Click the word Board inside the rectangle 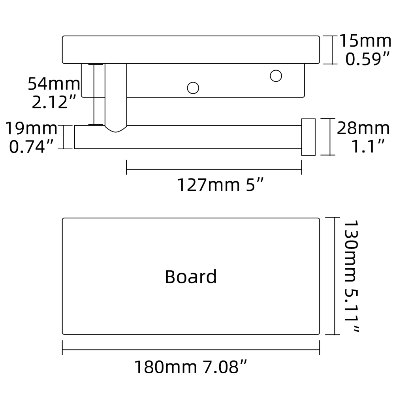tap(191, 276)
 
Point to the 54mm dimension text tap(54, 84)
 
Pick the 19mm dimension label tap(31, 128)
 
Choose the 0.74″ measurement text tap(31, 147)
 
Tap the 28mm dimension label tap(363, 128)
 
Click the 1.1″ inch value tap(368, 147)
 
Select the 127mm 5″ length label tap(220, 185)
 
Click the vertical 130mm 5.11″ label tap(350, 276)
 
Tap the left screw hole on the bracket tap(193, 88)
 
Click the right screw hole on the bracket tap(276, 75)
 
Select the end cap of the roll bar tap(308, 137)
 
